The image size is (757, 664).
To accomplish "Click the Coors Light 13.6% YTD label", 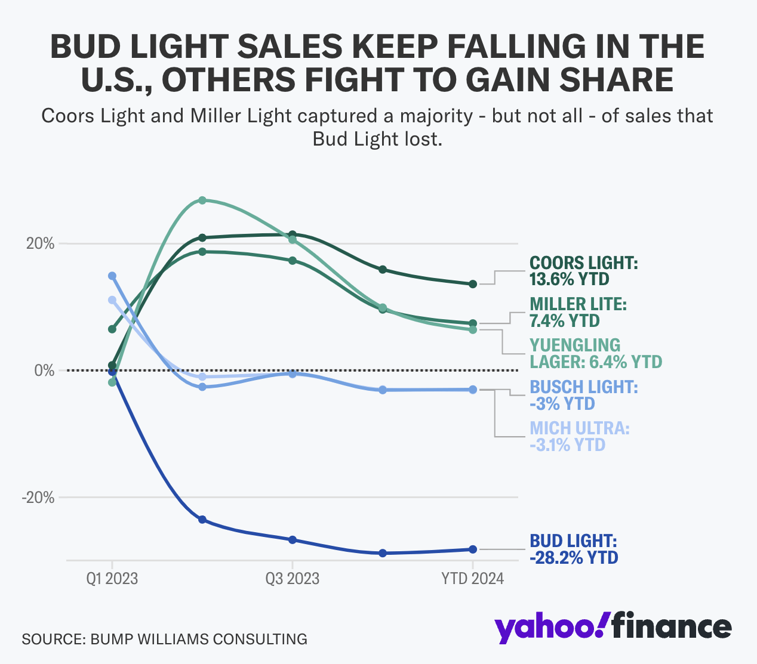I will point(583,271).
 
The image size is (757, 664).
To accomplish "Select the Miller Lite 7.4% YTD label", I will point(578,312).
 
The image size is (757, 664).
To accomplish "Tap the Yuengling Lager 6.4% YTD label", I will point(595,353).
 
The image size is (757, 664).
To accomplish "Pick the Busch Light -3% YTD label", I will point(583,395).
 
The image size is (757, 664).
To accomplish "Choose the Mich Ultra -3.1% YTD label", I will point(579,436).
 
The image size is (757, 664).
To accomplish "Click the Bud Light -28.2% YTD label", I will point(573,549).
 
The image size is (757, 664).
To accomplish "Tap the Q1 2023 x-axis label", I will point(112,579).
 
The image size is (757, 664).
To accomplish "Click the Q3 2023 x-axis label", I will point(293,579).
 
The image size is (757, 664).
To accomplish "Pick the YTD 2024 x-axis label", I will point(472,579).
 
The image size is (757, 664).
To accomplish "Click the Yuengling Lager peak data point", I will point(202,200).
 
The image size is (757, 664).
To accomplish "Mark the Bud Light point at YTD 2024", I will point(473,549).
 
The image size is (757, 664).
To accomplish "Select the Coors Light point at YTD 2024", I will point(473,284).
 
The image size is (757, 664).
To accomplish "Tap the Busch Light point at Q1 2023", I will point(112,276).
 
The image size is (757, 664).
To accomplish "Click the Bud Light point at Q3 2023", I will point(293,540).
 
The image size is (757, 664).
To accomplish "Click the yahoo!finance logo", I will point(613,627).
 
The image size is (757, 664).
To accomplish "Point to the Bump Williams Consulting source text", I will point(164,639).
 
